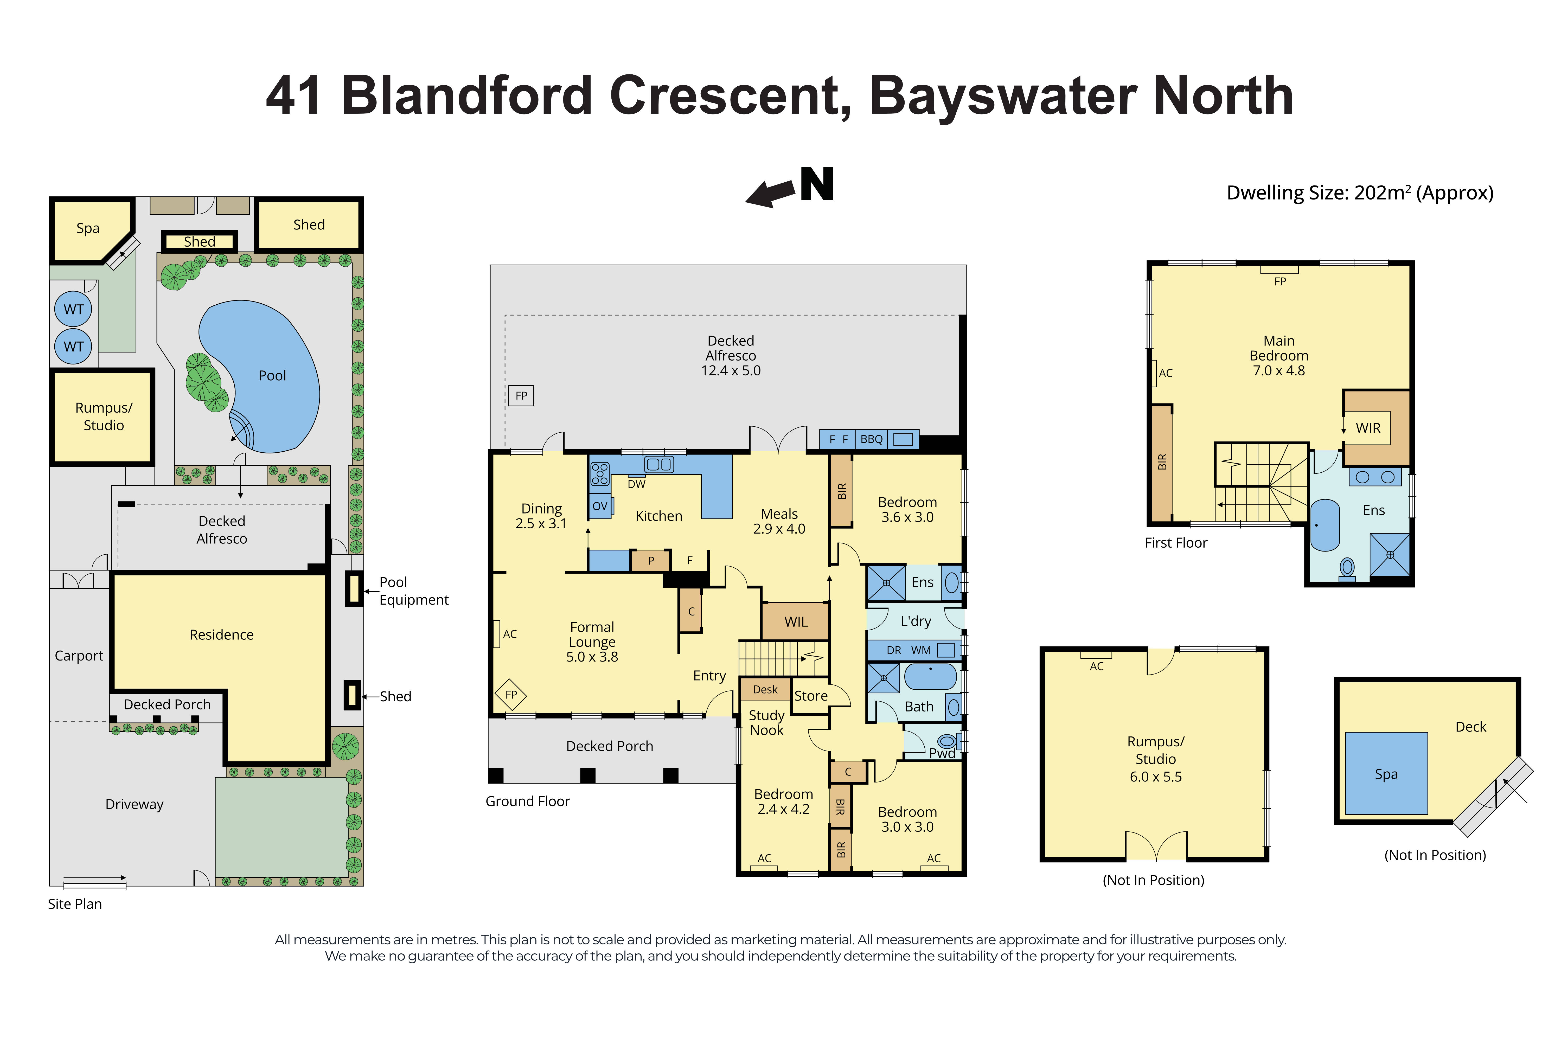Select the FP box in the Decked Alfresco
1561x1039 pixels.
pyautogui.click(x=521, y=396)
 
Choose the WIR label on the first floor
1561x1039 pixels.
pyautogui.click(x=1367, y=428)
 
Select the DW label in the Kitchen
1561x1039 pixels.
pyautogui.click(x=636, y=484)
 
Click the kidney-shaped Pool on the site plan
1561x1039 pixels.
pyautogui.click(x=272, y=375)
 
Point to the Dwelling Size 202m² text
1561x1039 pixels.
pyautogui.click(x=1360, y=193)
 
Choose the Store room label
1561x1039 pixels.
pyautogui.click(x=810, y=696)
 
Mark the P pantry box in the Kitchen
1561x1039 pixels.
pyautogui.click(x=651, y=561)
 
